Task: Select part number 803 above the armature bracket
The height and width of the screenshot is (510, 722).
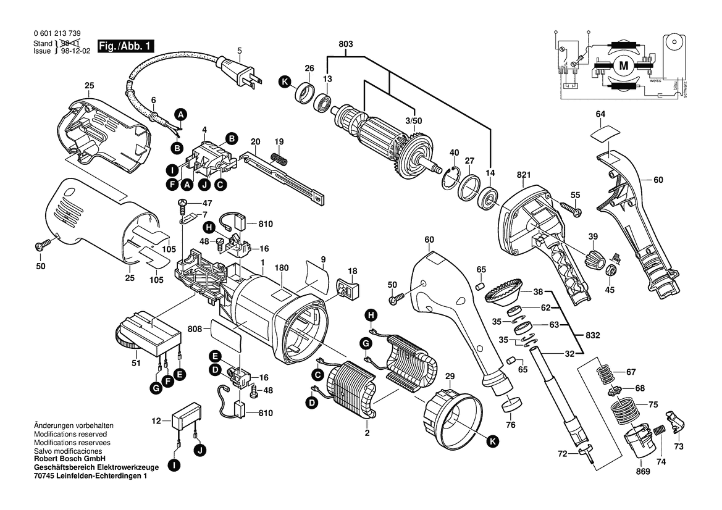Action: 346,44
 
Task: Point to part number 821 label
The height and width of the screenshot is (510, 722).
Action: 524,175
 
